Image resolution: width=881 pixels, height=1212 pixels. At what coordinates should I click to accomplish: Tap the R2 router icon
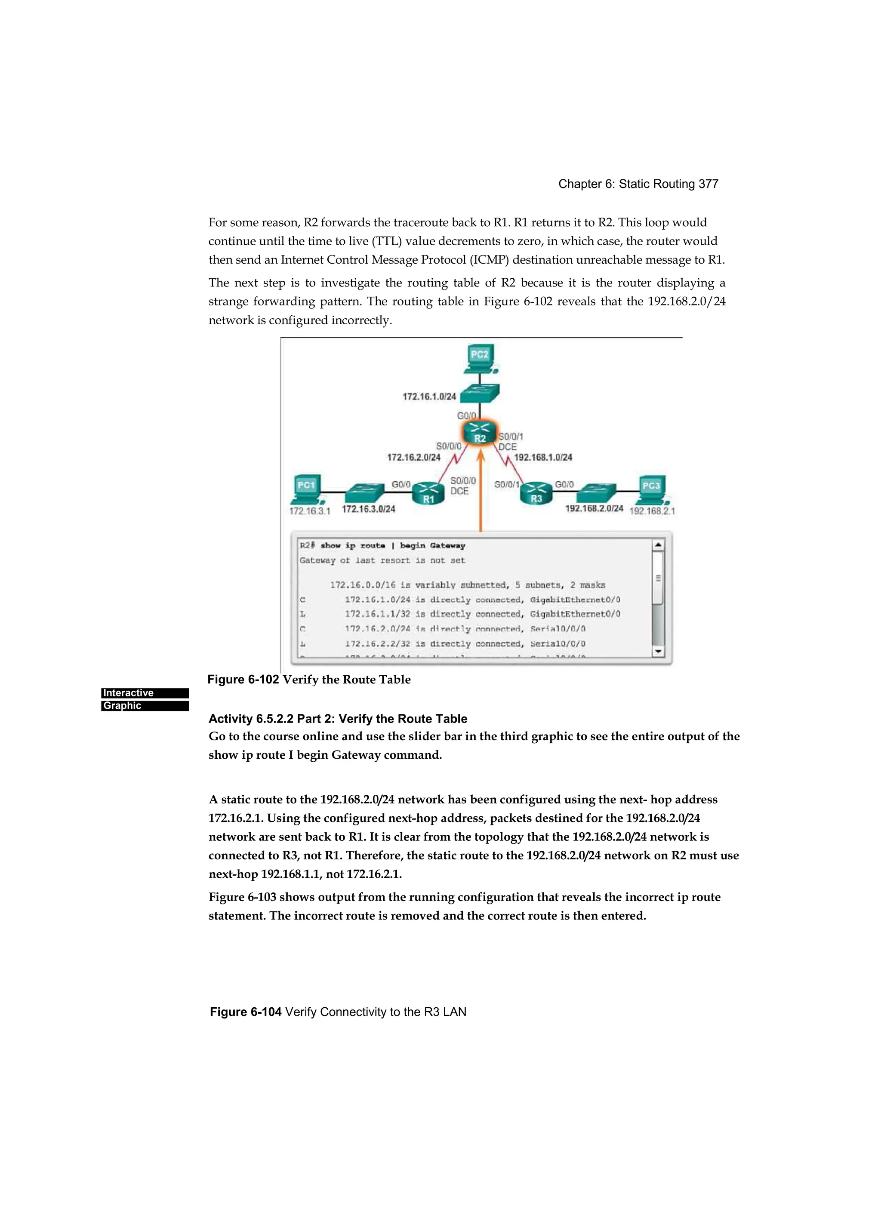(x=480, y=432)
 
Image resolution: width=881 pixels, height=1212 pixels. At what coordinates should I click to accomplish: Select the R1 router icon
(x=428, y=493)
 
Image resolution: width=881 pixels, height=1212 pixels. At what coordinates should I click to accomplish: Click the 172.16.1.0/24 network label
(x=429, y=397)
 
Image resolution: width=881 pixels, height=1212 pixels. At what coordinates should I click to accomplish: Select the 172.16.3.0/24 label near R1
(x=368, y=509)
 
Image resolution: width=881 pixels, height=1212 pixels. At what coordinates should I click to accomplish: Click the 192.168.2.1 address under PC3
(x=652, y=511)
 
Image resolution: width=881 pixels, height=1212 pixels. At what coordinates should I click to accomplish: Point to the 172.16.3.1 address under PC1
(x=310, y=511)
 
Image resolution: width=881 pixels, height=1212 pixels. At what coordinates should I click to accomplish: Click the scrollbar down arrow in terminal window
(x=658, y=651)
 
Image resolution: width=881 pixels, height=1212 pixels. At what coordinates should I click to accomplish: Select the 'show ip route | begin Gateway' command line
(x=383, y=546)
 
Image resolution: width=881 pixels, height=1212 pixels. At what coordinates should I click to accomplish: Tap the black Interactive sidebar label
(x=145, y=693)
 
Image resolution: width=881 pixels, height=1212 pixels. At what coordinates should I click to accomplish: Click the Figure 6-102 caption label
(x=243, y=679)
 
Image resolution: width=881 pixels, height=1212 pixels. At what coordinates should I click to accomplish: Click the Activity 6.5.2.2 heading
(x=338, y=719)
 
